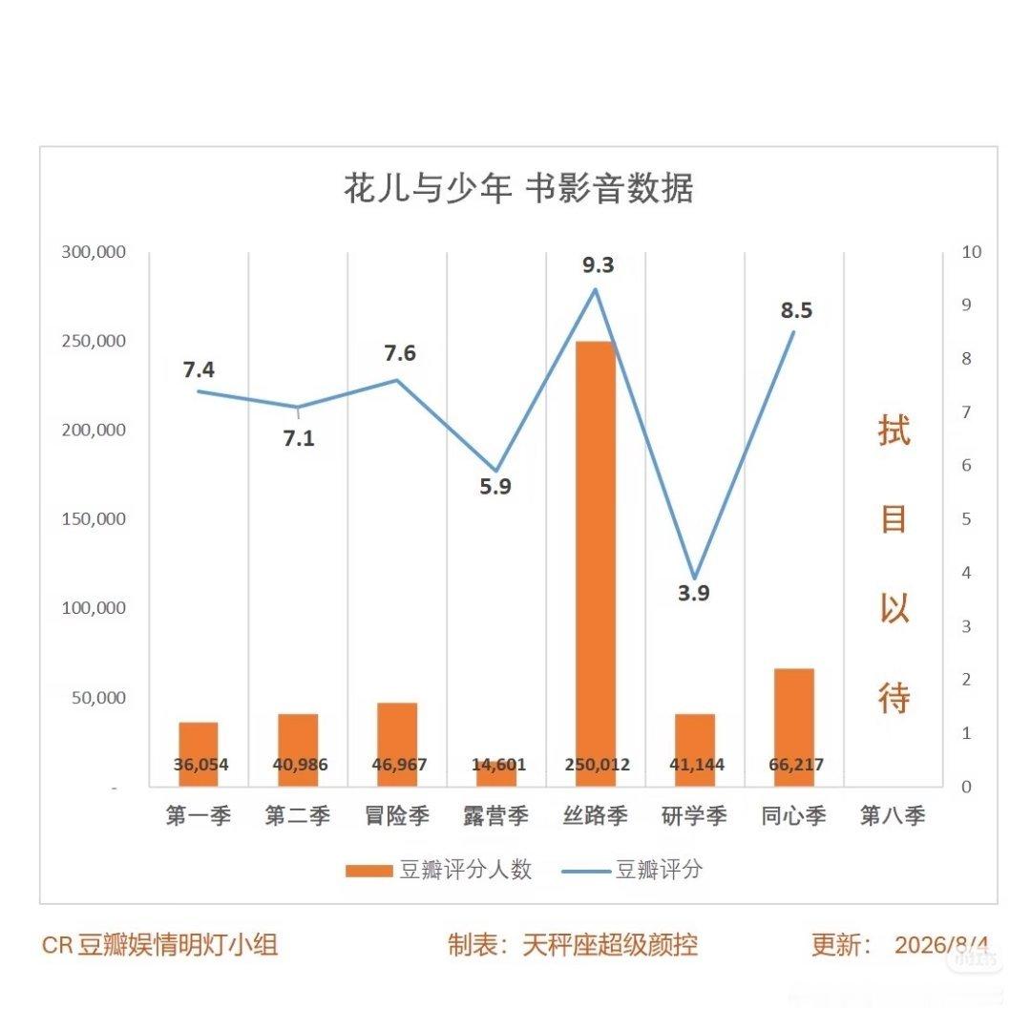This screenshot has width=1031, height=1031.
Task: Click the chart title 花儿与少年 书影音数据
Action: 518,189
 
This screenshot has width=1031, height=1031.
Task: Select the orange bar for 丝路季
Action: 596,563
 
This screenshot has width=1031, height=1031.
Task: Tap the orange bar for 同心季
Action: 794,727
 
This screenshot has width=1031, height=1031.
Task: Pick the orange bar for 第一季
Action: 199,754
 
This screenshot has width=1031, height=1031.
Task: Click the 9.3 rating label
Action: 599,265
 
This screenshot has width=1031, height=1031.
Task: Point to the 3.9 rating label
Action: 694,593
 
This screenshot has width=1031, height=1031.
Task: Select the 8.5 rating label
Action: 796,310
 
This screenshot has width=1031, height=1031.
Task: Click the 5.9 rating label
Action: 495,487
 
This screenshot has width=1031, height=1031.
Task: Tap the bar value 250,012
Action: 597,765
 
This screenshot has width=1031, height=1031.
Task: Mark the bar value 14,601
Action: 498,765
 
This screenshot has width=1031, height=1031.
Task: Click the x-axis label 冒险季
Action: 397,816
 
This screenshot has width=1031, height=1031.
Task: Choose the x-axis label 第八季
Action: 893,816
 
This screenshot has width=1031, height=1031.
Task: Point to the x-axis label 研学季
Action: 694,816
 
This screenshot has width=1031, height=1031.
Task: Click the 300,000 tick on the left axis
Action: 94,252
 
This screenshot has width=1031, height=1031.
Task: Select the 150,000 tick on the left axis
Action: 94,518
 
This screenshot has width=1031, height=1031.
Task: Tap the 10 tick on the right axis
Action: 971,252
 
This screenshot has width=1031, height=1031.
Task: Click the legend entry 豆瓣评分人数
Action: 438,870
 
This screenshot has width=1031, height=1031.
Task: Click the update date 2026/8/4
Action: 941,945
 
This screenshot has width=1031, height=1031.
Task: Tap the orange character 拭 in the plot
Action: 894,431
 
